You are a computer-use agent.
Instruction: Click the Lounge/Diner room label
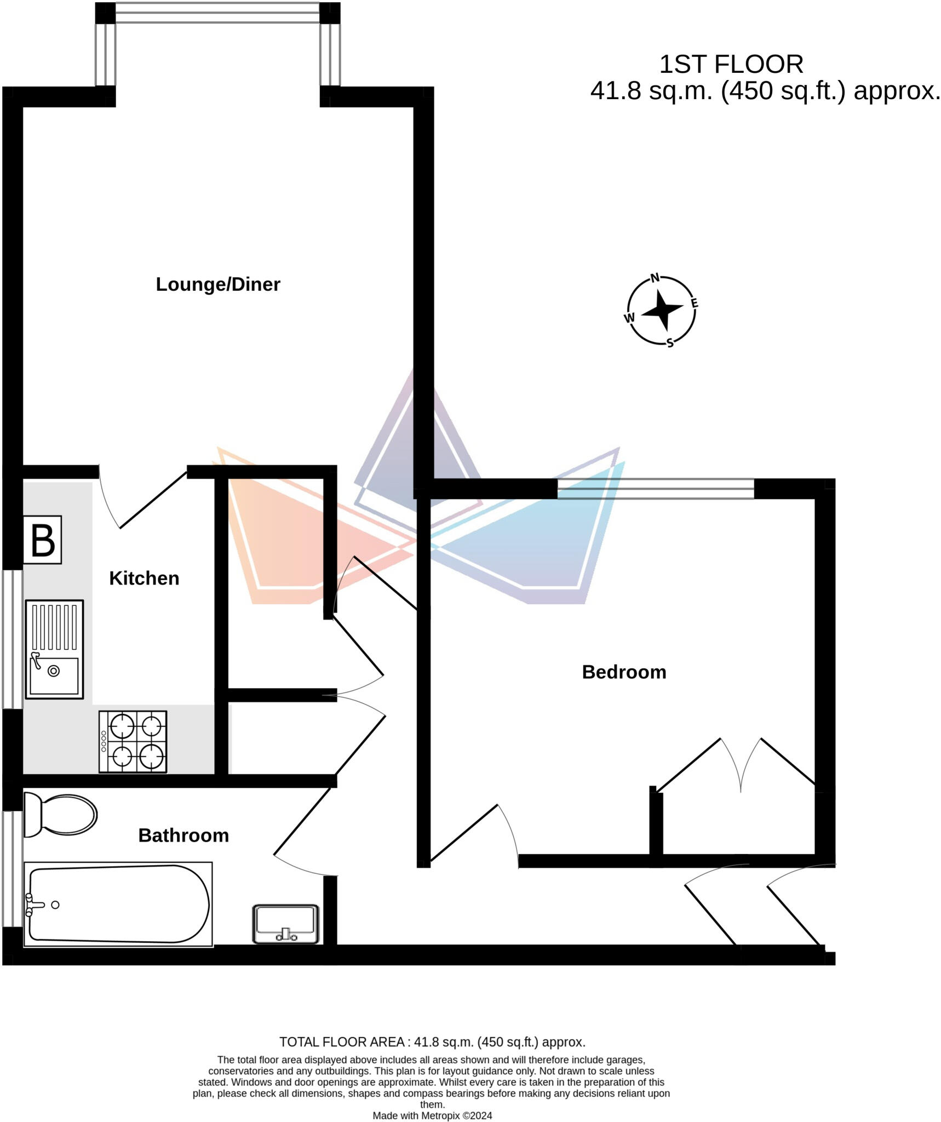(218, 284)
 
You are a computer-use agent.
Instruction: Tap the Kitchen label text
(144, 579)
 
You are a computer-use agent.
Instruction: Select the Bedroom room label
(624, 672)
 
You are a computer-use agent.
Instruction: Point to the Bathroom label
(183, 835)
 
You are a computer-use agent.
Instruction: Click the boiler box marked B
(42, 540)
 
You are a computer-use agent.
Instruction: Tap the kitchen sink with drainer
(54, 649)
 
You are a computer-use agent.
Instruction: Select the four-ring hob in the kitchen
(133, 742)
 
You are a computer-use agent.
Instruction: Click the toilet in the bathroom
(60, 815)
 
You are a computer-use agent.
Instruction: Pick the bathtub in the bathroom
(118, 905)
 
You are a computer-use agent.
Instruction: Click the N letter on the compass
(655, 278)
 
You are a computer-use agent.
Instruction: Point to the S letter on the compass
(670, 344)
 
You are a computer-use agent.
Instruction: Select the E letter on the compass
(694, 303)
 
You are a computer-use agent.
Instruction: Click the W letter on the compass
(629, 318)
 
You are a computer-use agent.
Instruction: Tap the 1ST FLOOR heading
(731, 65)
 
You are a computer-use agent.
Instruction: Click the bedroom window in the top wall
(656, 488)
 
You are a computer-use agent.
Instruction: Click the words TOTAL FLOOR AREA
(342, 1042)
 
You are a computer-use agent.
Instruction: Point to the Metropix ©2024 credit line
(432, 1116)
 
